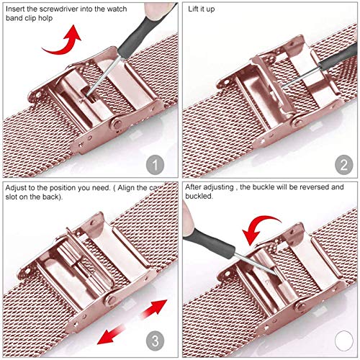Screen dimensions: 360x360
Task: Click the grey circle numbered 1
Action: pyautogui.click(x=155, y=165)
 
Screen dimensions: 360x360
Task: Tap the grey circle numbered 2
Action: pyautogui.click(x=344, y=165)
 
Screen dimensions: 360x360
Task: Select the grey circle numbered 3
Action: pyautogui.click(x=155, y=341)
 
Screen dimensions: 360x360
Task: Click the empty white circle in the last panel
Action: pyautogui.click(x=344, y=341)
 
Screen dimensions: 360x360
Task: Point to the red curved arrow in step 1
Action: pyautogui.click(x=65, y=45)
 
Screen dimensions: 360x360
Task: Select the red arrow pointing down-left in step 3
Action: pyautogui.click(x=112, y=334)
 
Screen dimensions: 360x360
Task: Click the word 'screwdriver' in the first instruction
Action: pyautogui.click(x=58, y=9)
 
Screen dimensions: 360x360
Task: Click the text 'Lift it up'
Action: pyautogui.click(x=201, y=9)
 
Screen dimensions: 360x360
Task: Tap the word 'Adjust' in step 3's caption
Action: pyautogui.click(x=16, y=188)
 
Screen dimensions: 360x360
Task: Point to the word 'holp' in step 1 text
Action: pyautogui.click(x=45, y=18)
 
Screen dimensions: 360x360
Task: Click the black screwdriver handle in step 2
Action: pyautogui.click(x=338, y=60)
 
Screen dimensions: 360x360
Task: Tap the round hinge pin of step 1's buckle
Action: pyautogui.click(x=118, y=124)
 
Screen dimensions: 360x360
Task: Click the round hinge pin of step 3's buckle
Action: pyautogui.click(x=112, y=299)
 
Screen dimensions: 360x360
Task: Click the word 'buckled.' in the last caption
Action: pyautogui.click(x=199, y=196)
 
